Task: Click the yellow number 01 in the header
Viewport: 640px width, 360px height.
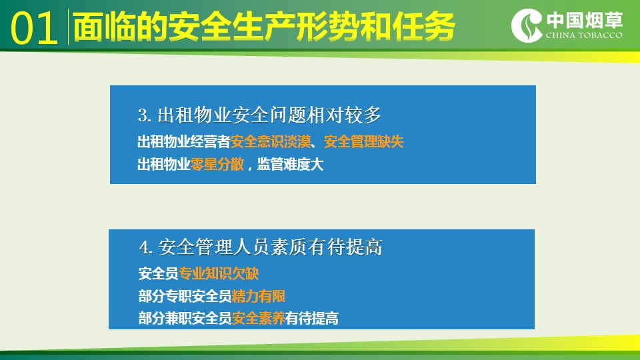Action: [34, 28]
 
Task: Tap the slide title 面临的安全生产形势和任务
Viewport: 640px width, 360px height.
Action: [264, 27]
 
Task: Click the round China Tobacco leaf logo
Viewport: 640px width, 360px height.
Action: [527, 25]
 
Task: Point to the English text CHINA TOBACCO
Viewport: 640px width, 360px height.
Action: [584, 35]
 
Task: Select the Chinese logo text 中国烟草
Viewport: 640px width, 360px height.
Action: [585, 19]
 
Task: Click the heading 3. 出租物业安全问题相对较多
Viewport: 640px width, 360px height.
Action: [259, 115]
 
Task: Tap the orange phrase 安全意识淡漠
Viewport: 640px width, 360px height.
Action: [271, 142]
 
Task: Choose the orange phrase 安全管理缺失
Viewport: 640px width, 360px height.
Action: [364, 142]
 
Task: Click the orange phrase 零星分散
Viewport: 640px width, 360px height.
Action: [217, 164]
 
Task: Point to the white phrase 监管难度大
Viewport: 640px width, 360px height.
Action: [290, 164]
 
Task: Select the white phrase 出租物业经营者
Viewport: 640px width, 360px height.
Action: [184, 142]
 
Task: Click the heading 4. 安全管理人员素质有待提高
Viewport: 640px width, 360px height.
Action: [261, 247]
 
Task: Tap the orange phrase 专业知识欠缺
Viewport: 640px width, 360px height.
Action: [219, 273]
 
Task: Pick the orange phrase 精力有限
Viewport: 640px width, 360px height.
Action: [259, 296]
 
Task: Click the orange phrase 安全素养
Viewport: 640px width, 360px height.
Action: [259, 318]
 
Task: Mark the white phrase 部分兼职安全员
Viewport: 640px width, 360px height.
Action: [185, 318]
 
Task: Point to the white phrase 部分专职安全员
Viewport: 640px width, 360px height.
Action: [185, 296]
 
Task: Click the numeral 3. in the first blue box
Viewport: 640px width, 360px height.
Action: [145, 115]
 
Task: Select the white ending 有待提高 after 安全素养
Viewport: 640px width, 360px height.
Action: [312, 318]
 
